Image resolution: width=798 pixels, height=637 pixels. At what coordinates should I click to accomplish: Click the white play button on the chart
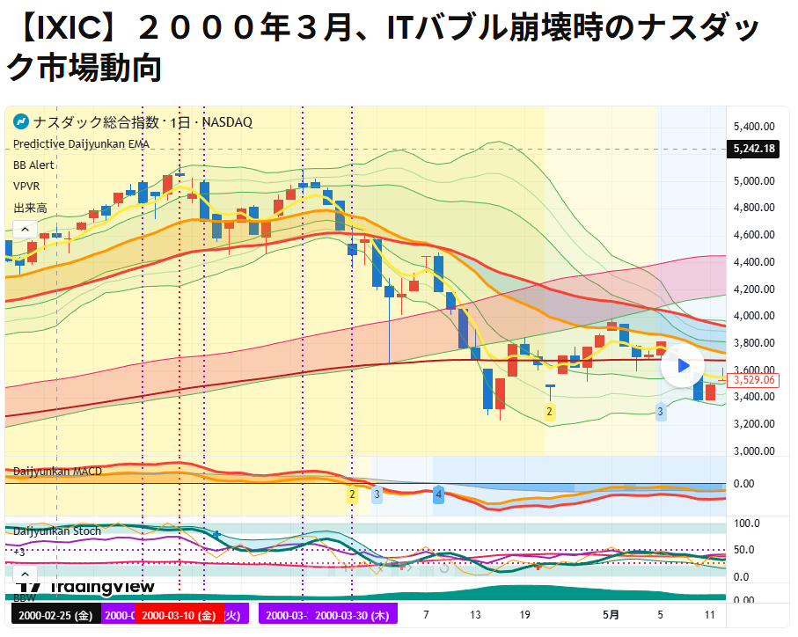[x=683, y=366]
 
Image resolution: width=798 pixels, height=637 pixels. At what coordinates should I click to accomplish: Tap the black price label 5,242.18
[x=754, y=149]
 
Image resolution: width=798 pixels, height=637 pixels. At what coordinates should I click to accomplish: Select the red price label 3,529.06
[x=754, y=380]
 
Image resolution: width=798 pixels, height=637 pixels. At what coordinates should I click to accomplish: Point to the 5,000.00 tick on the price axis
[x=753, y=181]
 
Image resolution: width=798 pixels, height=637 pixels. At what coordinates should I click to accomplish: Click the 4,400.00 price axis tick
[x=753, y=262]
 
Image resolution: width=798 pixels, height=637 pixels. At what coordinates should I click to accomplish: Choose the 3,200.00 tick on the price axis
[x=753, y=424]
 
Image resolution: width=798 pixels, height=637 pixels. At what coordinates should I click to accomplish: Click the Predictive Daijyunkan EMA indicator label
[x=81, y=143]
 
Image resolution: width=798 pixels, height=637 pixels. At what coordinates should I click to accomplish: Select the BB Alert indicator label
[x=33, y=165]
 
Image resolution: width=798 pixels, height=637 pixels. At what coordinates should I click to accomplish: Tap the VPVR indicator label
[x=26, y=187]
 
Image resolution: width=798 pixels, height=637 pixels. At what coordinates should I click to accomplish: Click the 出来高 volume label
[x=30, y=208]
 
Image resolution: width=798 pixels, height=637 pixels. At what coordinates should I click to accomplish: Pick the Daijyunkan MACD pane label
[x=57, y=472]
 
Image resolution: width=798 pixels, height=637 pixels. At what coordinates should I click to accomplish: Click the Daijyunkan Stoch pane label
[x=57, y=531]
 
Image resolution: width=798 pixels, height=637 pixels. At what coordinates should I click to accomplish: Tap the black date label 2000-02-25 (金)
[x=55, y=616]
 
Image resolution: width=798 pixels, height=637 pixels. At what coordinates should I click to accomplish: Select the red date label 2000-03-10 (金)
[x=179, y=616]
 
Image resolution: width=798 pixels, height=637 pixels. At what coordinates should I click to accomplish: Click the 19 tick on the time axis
[x=524, y=616]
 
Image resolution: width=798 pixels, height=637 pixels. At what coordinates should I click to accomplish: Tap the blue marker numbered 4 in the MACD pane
[x=438, y=496]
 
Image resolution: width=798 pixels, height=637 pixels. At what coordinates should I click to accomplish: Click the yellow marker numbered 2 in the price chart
[x=550, y=412]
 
